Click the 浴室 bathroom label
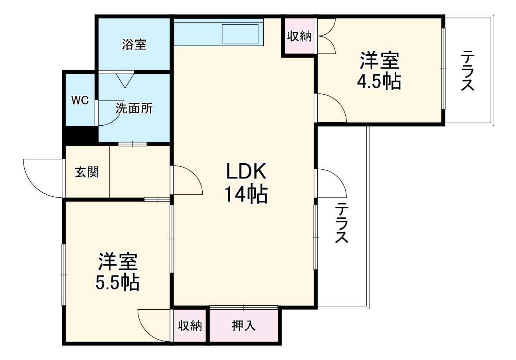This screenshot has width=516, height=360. point(134,45)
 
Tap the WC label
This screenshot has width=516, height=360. point(80,100)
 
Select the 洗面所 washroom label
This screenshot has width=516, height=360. point(134,109)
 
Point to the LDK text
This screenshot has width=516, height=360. point(246,172)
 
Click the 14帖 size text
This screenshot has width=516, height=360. point(246,194)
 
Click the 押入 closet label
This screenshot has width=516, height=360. point(243,326)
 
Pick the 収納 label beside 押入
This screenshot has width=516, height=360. point(190,326)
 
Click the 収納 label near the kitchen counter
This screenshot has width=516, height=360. point(299,36)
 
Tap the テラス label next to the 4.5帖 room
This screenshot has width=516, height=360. point(468,71)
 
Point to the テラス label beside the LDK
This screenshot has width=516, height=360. point(342,223)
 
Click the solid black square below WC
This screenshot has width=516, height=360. point(80,135)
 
